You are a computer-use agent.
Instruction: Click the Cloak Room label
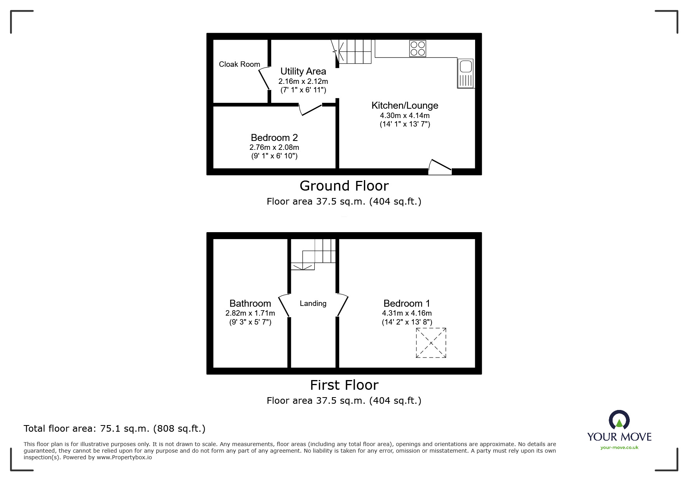click(x=239, y=64)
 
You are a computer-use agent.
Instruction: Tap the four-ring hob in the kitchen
click(x=418, y=49)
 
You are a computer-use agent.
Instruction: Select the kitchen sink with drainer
click(x=465, y=73)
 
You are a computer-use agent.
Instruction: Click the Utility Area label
click(x=303, y=71)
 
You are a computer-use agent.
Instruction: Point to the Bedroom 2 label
click(x=274, y=138)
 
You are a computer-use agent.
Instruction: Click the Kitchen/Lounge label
click(x=405, y=106)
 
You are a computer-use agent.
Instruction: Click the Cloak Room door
click(x=264, y=78)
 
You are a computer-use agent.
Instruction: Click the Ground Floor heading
click(x=344, y=186)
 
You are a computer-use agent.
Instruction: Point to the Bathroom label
click(x=250, y=304)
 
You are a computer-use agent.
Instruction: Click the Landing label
click(x=313, y=304)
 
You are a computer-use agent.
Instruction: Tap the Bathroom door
click(x=284, y=306)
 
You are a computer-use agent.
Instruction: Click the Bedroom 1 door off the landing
click(x=342, y=306)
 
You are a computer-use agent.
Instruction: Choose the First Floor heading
click(x=344, y=385)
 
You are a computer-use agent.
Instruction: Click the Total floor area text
click(x=115, y=429)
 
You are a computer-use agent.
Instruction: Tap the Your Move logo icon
click(x=619, y=420)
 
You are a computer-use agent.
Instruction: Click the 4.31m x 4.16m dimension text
click(x=407, y=313)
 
